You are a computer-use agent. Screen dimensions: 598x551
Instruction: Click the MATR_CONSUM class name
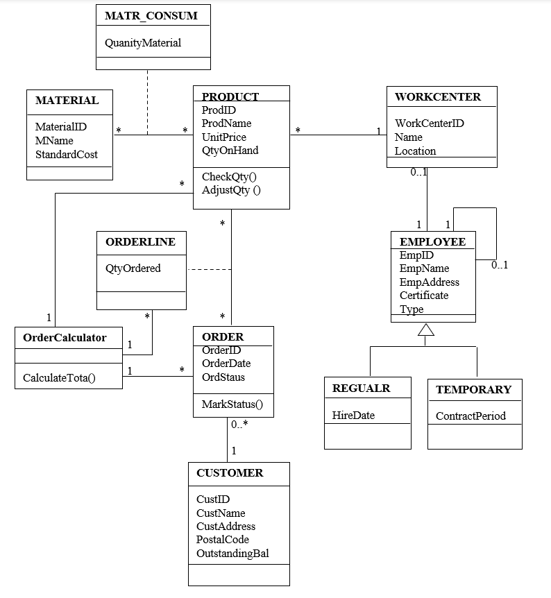(151, 15)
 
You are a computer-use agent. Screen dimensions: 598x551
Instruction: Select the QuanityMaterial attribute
(143, 43)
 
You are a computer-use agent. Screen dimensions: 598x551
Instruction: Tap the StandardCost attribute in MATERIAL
(67, 154)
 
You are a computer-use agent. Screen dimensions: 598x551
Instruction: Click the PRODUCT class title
(230, 96)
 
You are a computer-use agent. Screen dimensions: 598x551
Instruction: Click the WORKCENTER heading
(438, 97)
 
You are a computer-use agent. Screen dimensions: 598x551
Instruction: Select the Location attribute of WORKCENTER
(415, 151)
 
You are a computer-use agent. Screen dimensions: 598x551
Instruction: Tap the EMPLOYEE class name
(433, 241)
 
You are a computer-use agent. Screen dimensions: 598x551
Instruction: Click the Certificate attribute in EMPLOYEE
(424, 295)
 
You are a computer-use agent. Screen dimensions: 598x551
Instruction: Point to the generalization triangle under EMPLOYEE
(426, 330)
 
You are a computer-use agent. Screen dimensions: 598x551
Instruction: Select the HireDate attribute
(353, 415)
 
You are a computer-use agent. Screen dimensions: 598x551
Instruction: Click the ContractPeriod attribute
(471, 416)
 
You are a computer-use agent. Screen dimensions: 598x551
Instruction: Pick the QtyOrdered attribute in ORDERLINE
(133, 268)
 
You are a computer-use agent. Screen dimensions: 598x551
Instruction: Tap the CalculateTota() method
(59, 378)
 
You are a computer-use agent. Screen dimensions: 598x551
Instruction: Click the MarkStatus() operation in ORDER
(232, 404)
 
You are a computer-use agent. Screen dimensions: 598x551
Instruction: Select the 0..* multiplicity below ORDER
(240, 424)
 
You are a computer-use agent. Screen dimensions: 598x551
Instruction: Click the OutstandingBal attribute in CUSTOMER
(232, 553)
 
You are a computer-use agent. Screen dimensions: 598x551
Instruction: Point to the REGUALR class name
(361, 388)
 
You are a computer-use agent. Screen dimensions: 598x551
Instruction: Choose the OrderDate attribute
(226, 364)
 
